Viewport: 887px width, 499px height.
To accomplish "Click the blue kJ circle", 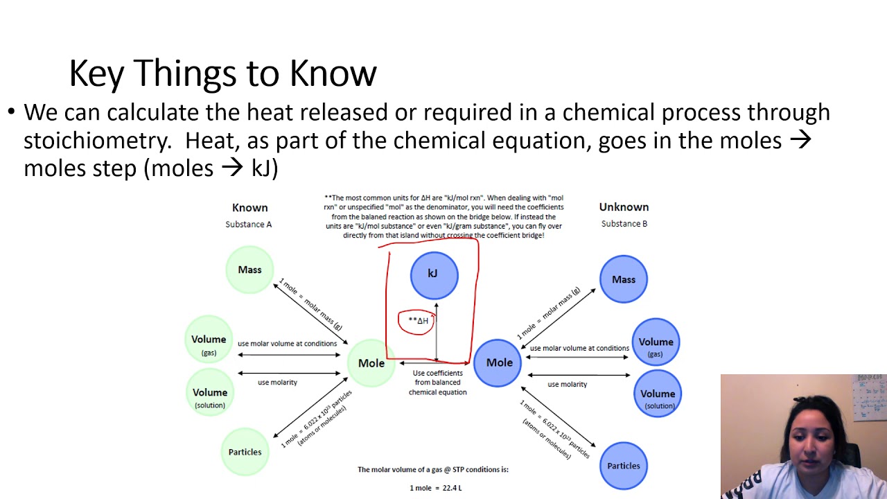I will pyautogui.click(x=434, y=274).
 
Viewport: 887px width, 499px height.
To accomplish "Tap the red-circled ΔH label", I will pyautogui.click(x=417, y=321).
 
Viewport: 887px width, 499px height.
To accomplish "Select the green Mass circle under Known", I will pyautogui.click(x=249, y=270).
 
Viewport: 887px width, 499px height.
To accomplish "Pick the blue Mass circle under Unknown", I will pyautogui.click(x=624, y=279).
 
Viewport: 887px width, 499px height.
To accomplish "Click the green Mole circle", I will pyautogui.click(x=371, y=363).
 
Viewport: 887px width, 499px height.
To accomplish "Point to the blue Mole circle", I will pyautogui.click(x=498, y=362).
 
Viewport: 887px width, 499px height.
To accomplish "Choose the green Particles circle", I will pyautogui.click(x=245, y=452).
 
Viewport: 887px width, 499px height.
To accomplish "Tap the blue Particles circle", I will pyautogui.click(x=624, y=466).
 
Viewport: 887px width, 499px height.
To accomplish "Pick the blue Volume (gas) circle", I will pyautogui.click(x=656, y=344).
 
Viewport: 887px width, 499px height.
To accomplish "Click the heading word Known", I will pyautogui.click(x=249, y=207).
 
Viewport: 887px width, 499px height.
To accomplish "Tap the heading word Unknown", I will pyautogui.click(x=624, y=207).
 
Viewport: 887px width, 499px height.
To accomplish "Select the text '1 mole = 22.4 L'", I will pyautogui.click(x=435, y=488).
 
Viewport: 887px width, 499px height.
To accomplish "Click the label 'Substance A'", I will pyautogui.click(x=248, y=224).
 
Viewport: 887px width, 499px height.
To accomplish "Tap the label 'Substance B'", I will pyautogui.click(x=624, y=224).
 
